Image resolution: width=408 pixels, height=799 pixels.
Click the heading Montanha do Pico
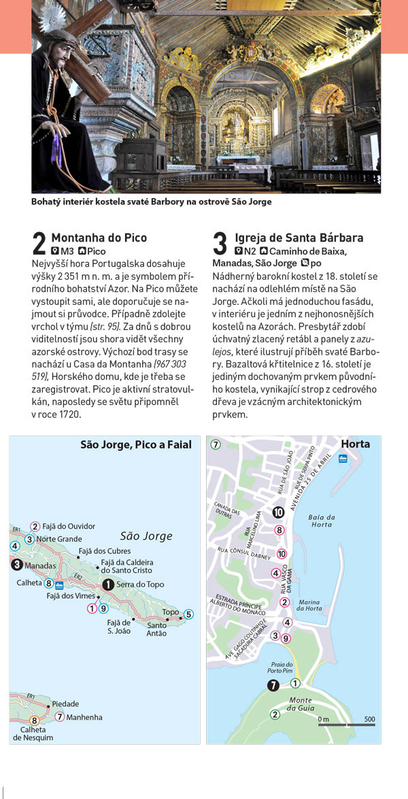(x=99, y=238)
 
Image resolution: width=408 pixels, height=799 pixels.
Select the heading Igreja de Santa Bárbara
(x=299, y=238)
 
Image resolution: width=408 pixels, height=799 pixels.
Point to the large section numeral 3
(x=220, y=244)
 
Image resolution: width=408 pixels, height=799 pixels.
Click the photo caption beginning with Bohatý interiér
(x=151, y=201)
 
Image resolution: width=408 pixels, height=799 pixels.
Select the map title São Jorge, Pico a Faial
(x=136, y=445)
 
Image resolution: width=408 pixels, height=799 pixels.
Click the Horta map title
(x=356, y=444)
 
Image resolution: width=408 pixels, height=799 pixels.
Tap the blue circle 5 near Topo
(x=188, y=614)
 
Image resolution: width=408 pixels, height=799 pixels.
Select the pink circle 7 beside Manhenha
(x=60, y=716)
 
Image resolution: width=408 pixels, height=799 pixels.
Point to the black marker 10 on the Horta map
(x=278, y=512)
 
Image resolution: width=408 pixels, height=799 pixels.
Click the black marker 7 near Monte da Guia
(x=273, y=685)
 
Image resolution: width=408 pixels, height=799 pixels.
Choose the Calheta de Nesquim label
(x=33, y=733)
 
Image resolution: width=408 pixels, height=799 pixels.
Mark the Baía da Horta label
(x=321, y=520)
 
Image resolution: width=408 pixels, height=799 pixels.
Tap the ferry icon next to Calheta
(x=60, y=585)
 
